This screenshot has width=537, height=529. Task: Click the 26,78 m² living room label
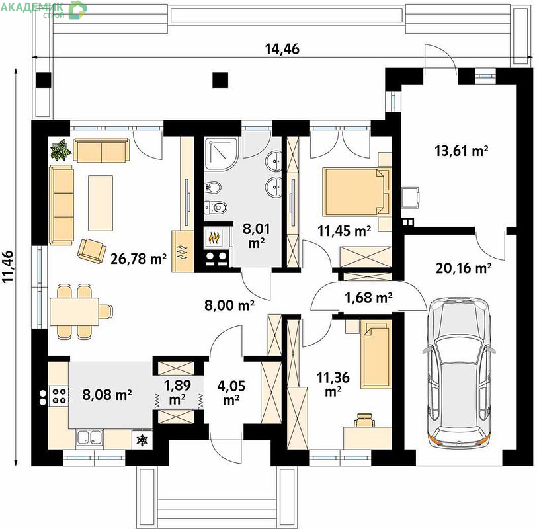coord(139,259)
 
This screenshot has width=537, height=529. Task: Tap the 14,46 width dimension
coord(282,49)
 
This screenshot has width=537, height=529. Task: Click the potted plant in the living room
coord(61,149)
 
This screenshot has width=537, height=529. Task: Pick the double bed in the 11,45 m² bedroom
coord(356,191)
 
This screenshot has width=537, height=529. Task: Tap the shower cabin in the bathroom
coord(221,153)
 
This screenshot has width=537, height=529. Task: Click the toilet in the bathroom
coord(216,207)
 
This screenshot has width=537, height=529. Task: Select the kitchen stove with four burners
coord(58,396)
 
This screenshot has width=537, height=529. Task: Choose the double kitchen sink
coord(89,438)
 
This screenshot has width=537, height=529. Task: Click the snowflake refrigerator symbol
coord(142,440)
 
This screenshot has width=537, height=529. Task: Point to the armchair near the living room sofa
coord(91,251)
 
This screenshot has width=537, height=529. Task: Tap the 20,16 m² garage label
coord(464,268)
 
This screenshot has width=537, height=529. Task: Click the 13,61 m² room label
coord(462,151)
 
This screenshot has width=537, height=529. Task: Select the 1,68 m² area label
coord(368,298)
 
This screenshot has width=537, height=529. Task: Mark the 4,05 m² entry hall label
coord(231,392)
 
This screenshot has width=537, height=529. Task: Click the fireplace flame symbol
coord(214,237)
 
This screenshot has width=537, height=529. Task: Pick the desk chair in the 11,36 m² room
coord(364,420)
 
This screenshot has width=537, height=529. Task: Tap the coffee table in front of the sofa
coord(101,203)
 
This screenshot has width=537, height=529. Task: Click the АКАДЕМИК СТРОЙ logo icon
coord(77,9)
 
